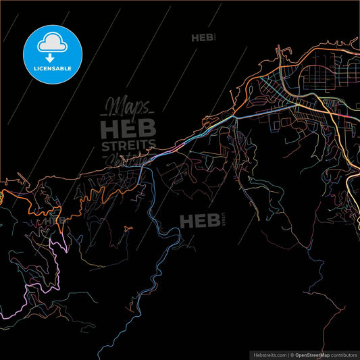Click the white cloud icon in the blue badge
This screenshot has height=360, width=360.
pyautogui.click(x=52, y=41)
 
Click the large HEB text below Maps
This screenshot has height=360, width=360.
pyautogui.click(x=128, y=128)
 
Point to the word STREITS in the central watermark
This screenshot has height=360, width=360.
pyautogui.click(x=128, y=146)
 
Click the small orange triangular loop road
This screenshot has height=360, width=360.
pyautogui.click(x=128, y=229)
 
